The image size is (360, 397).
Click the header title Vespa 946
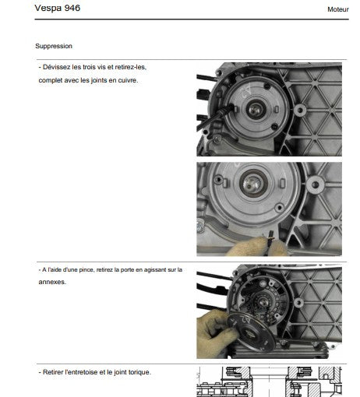[x=58, y=8]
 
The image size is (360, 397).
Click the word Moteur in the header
[x=338, y=9]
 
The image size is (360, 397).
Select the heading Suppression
[x=54, y=46]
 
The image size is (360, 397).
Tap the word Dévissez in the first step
[x=57, y=67]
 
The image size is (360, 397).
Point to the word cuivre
[x=128, y=80]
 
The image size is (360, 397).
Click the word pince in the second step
[x=86, y=270]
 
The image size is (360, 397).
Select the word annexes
[x=52, y=282]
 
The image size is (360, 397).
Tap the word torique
[x=140, y=372]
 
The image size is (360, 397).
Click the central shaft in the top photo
[x=256, y=110]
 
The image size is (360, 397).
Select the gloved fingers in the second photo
[x=257, y=248]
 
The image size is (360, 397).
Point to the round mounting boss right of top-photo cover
[x=300, y=111]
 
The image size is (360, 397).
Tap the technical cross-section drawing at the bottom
[x=269, y=381]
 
